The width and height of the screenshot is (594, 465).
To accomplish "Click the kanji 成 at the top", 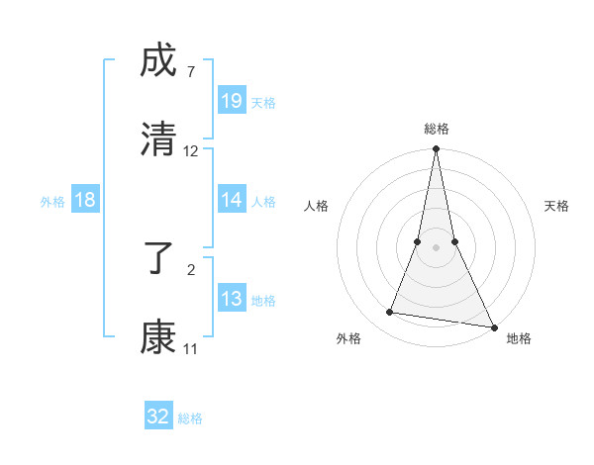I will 158,63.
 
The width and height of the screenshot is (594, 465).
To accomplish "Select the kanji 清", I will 158,139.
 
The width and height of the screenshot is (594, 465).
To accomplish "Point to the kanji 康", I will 158,336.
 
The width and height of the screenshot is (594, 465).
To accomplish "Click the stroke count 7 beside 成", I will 190,72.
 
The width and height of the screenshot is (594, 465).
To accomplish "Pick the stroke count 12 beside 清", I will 191,151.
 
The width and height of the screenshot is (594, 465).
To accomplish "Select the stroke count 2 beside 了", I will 190,268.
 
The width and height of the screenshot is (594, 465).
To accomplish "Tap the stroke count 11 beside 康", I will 190,348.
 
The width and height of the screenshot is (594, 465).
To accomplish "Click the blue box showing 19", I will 232,101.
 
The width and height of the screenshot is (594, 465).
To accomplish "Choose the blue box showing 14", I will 232,200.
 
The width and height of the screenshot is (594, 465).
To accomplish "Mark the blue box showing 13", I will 232,299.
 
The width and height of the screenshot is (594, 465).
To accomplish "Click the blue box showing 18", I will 85,200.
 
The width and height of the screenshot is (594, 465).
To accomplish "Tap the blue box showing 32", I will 158,417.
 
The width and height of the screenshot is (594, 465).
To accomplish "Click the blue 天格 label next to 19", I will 263,102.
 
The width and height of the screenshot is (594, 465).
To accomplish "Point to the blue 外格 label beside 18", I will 52,201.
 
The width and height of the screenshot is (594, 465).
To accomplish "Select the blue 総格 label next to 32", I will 190,418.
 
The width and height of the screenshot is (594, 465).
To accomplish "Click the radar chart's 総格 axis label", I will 436,129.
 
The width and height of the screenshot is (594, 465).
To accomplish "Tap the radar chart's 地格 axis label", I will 519,338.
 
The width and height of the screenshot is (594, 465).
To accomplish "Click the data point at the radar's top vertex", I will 436,149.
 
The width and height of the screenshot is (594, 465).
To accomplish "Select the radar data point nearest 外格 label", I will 390,313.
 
